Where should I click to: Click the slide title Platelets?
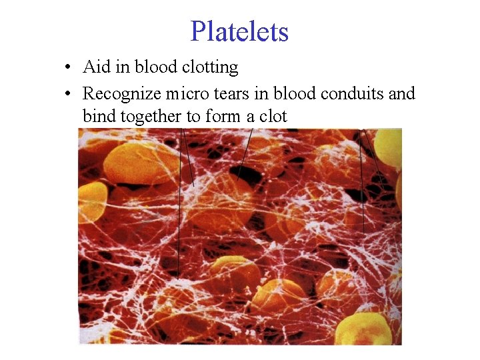239,31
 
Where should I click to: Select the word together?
151,116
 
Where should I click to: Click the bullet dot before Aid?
69,67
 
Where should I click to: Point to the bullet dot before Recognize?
69,94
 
